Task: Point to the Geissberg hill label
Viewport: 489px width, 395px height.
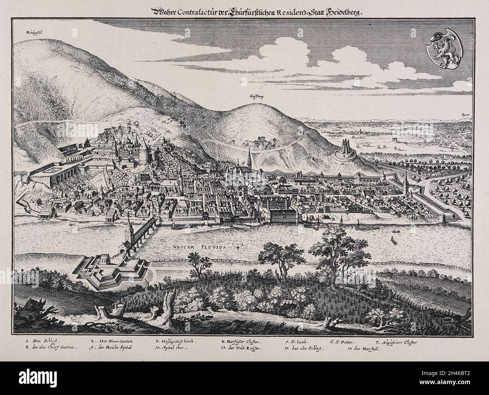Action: pos(256,96)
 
